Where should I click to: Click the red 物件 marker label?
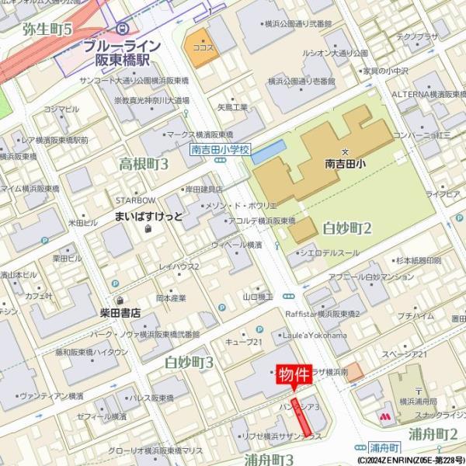coord(293,374)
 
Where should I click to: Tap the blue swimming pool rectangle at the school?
coord(269,151)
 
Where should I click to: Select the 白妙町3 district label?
coord(190,362)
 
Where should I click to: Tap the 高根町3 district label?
coord(143,164)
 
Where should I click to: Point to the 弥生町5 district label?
coord(47,30)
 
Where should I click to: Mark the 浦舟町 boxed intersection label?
coord(384,448)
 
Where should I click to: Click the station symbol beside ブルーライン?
coord(121,29)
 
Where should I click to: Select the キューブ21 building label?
coord(243,343)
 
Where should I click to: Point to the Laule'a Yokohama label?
coord(321,335)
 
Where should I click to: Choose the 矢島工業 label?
coord(232,107)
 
